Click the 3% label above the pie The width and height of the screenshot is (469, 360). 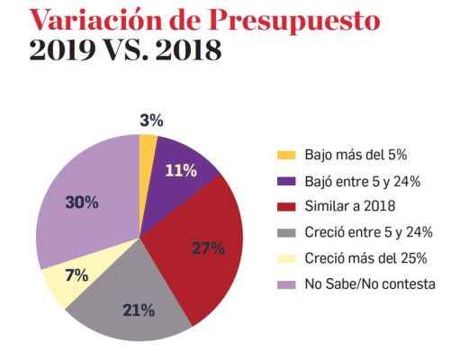click(151, 120)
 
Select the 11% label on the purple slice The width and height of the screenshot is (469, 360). click(181, 170)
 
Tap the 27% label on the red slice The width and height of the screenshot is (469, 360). click(208, 248)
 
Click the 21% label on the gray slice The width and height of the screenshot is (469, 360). click(139, 311)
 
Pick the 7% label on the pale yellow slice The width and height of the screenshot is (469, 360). click(77, 275)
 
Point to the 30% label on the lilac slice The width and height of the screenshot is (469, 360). click(82, 202)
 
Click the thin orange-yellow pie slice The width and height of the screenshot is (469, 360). click(148, 148)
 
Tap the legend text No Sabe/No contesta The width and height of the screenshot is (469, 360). click(370, 284)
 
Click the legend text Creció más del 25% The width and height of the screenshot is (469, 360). click(365, 259)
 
